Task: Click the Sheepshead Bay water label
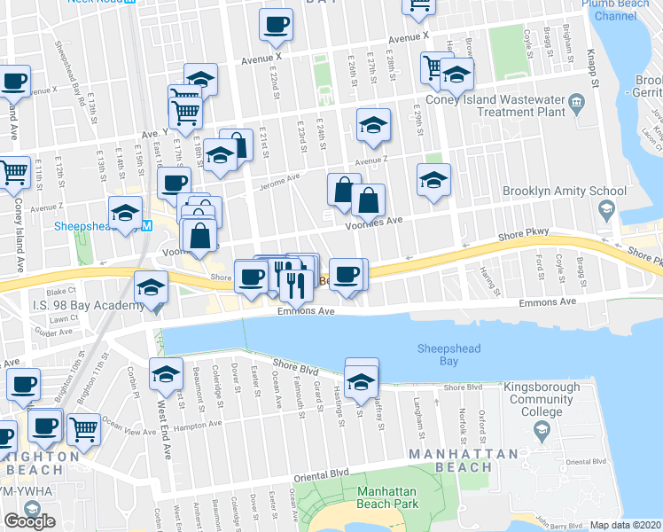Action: pyautogui.click(x=448, y=355)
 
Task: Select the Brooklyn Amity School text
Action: pyautogui.click(x=564, y=191)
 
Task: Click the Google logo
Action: pyautogui.click(x=29, y=521)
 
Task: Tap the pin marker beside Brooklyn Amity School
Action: pyautogui.click(x=606, y=211)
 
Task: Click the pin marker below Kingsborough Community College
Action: pyautogui.click(x=542, y=431)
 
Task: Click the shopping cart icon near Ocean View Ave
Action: pyautogui.click(x=83, y=430)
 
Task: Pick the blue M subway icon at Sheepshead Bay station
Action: pyautogui.click(x=147, y=225)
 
